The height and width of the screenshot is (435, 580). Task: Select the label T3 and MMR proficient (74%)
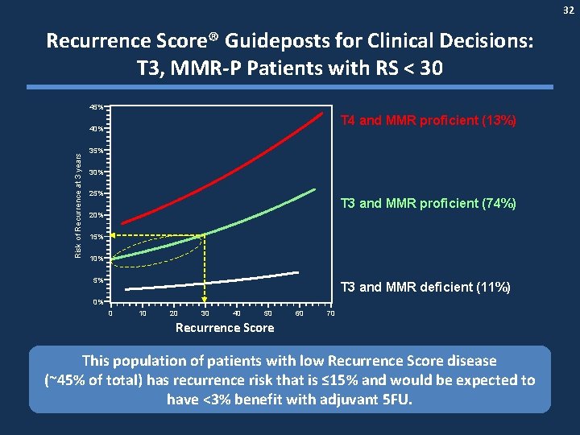pyautogui.click(x=428, y=203)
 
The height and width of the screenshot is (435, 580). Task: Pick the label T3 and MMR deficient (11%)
pyautogui.click(x=425, y=288)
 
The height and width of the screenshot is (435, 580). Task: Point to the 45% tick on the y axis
pyautogui.click(x=96, y=107)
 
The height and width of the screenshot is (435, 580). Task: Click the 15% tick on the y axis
pyautogui.click(x=96, y=237)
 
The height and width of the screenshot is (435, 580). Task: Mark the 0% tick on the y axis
pyautogui.click(x=96, y=302)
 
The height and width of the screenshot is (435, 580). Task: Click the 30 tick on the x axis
pyautogui.click(x=205, y=313)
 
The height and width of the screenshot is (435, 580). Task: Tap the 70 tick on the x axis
pyautogui.click(x=330, y=313)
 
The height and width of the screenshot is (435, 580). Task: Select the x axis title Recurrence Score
pyautogui.click(x=225, y=328)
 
